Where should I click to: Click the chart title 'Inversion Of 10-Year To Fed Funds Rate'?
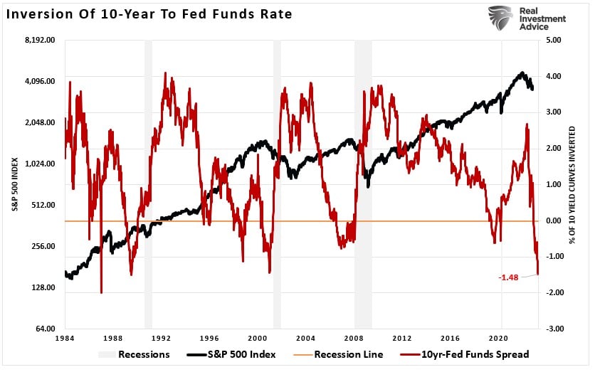pyautogui.click(x=150, y=14)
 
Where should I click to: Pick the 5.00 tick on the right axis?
pyautogui.click(x=554, y=40)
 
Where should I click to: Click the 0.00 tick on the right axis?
pyautogui.click(x=554, y=220)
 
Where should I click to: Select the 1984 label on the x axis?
pyautogui.click(x=65, y=339)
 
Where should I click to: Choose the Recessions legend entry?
pyautogui.click(x=135, y=354)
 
